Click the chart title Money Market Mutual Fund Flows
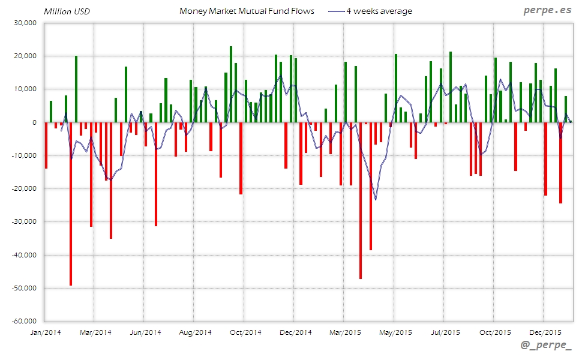click(247, 11)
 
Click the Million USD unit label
click(67, 11)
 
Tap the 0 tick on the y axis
click(34, 122)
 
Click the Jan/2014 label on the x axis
click(45, 332)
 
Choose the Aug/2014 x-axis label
click(196, 332)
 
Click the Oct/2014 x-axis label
click(245, 332)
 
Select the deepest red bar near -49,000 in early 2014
click(71, 204)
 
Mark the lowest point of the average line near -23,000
click(376, 199)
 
